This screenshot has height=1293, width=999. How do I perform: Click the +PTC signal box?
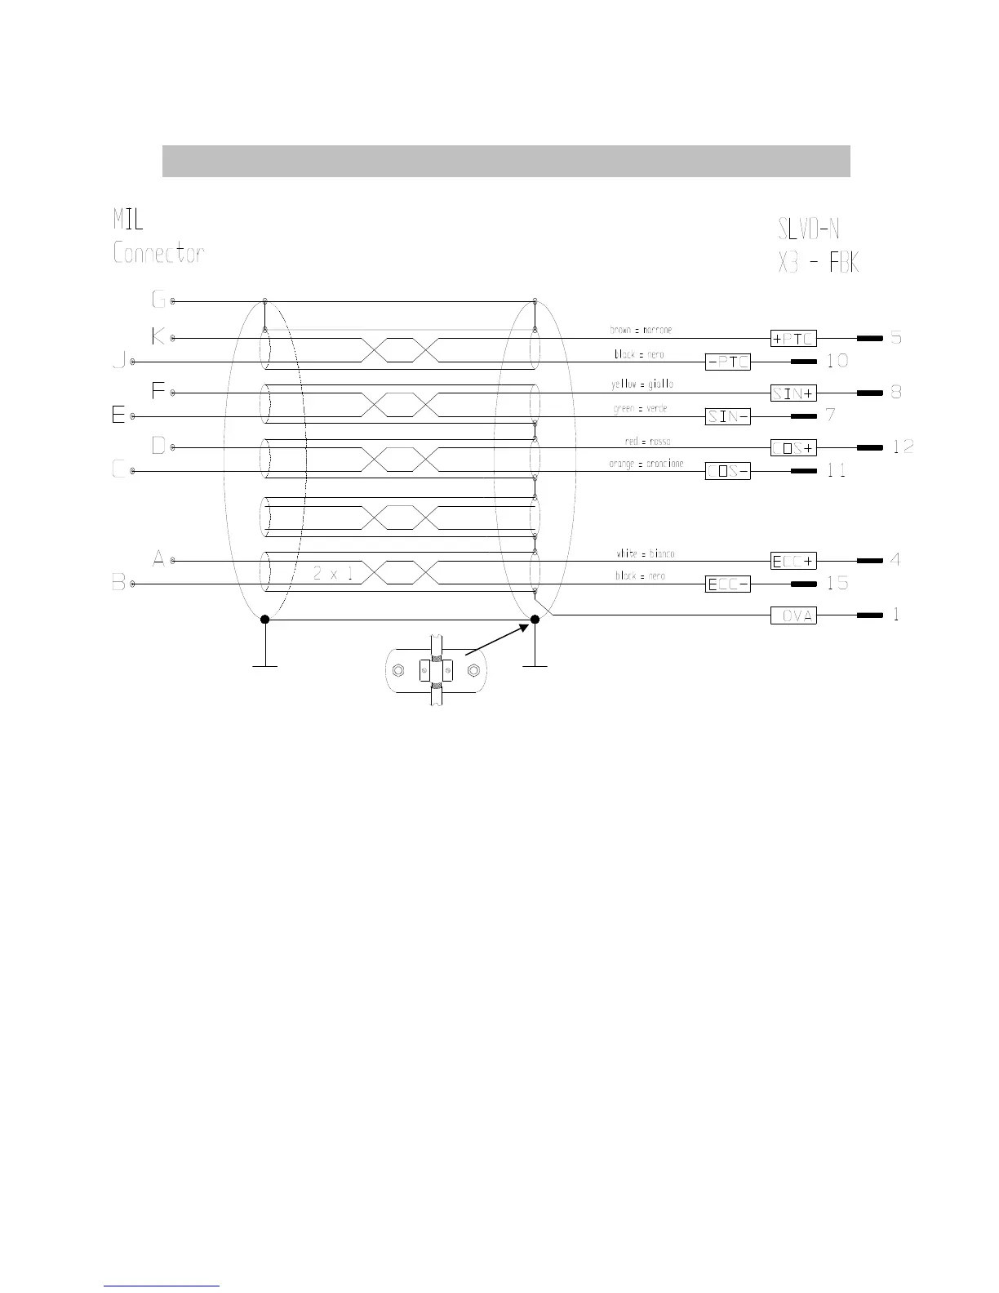(793, 338)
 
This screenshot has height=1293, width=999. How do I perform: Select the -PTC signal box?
(727, 362)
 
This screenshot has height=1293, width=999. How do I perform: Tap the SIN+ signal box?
(793, 393)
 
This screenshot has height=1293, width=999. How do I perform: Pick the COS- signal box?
(727, 471)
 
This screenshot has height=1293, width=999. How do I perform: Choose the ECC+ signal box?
(793, 561)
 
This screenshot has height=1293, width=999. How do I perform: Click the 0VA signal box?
(793, 615)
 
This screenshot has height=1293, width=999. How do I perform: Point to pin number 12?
(903, 447)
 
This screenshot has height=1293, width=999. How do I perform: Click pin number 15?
(837, 583)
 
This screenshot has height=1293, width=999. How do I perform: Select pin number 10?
(837, 360)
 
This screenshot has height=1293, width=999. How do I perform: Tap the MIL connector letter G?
(158, 300)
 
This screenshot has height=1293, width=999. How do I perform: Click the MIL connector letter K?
(158, 335)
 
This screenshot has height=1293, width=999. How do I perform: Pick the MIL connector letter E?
(118, 415)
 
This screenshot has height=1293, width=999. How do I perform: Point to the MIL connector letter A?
(159, 559)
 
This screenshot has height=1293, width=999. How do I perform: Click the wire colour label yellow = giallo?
(642, 384)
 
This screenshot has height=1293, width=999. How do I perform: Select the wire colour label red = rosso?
(647, 442)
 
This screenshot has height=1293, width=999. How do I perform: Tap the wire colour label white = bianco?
(645, 554)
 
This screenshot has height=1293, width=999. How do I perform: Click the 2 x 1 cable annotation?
(333, 574)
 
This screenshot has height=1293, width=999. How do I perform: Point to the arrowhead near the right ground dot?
(526, 625)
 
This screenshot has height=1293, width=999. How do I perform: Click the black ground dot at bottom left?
(264, 620)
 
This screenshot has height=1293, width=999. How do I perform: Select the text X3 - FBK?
(818, 263)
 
